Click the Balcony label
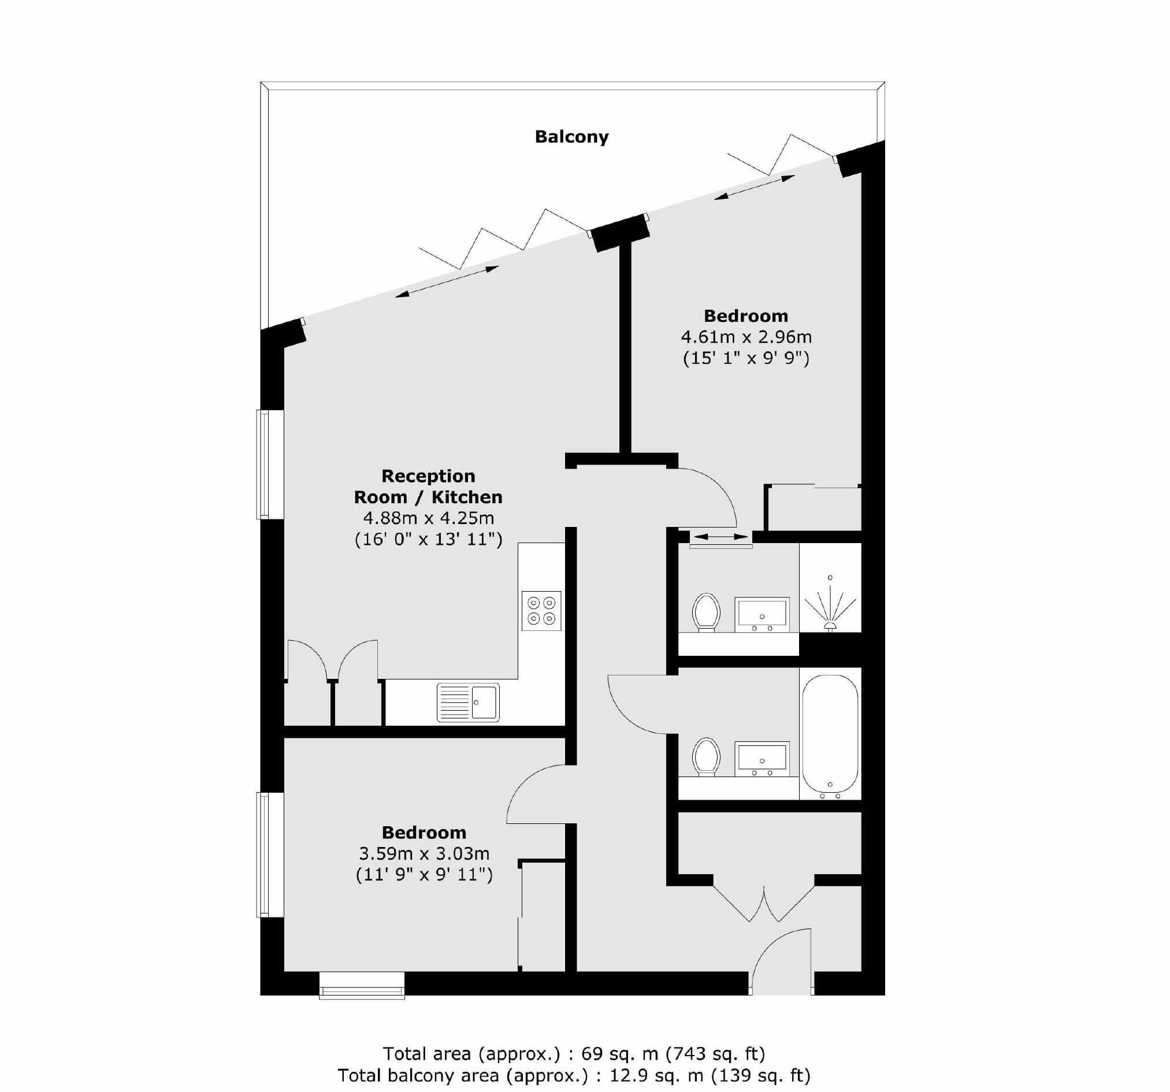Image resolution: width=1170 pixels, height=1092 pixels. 571,136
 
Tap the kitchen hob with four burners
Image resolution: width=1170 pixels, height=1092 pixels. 541,611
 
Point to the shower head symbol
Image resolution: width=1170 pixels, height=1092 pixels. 830,606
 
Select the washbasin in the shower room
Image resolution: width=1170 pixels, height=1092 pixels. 762,614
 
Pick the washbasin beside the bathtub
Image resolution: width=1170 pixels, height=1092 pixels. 762,758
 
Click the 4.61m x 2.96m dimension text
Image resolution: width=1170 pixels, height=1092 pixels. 746,337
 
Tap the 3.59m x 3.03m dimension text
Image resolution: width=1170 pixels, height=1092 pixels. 424,853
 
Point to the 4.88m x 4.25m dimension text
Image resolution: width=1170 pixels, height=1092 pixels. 428,518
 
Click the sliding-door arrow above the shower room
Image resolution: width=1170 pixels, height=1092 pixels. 721,536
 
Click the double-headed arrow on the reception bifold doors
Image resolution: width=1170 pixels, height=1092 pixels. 447,282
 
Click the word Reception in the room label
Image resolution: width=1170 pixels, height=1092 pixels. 428,476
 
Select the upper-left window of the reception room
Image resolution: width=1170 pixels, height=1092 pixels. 270,465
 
